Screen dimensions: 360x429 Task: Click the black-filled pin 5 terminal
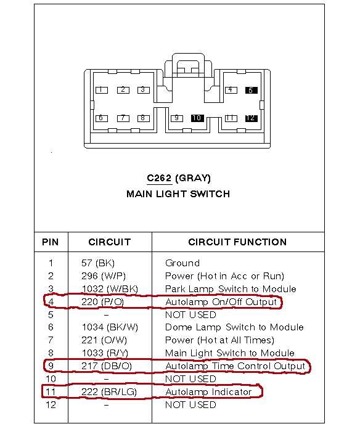(251, 90)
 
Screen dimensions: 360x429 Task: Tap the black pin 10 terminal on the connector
(197, 118)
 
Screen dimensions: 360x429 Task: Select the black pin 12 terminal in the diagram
(251, 118)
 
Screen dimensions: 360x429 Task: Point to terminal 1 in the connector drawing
(102, 90)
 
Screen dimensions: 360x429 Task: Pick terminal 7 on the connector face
(123, 118)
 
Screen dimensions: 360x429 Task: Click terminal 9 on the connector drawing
(177, 118)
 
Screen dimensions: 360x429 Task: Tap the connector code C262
(159, 178)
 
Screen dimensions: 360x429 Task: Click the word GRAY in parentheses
(193, 178)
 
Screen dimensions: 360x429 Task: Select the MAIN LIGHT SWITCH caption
(178, 194)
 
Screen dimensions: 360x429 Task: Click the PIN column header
(51, 242)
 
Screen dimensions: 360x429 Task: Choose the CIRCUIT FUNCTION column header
(237, 242)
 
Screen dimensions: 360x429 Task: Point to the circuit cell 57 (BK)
(98, 263)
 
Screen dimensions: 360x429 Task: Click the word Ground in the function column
(182, 263)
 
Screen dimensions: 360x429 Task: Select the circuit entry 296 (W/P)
(104, 276)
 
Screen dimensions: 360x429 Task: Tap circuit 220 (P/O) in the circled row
(102, 302)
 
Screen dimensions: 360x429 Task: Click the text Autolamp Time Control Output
(235, 366)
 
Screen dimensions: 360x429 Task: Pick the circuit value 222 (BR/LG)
(109, 392)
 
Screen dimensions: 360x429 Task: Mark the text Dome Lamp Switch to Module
(234, 327)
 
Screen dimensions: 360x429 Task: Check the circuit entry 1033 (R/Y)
(105, 353)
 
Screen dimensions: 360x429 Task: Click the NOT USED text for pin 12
(190, 405)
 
